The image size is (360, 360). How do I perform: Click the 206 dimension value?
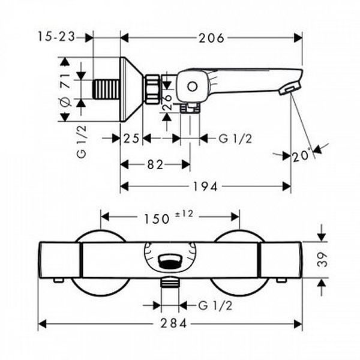tap(211, 38)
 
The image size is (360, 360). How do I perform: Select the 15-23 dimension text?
tap(57, 37)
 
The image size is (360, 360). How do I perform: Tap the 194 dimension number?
tap(205, 187)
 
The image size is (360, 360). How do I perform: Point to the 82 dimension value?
tap(155, 164)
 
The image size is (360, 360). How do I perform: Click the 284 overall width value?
tap(173, 324)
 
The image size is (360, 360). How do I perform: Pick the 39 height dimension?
tap(322, 259)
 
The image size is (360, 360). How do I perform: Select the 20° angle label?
tap(301, 156)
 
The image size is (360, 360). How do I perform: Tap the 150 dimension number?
tap(157, 219)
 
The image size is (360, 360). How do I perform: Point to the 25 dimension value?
tap(131, 139)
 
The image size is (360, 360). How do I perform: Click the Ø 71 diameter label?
tap(65, 90)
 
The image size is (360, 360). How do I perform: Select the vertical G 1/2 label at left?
tap(82, 142)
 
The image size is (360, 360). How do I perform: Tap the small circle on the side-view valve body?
tap(192, 87)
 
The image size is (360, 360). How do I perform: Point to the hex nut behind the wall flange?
tap(152, 89)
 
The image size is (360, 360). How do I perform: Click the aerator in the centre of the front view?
tap(170, 262)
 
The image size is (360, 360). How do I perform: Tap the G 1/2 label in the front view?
tap(215, 305)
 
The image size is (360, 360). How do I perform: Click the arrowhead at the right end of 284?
tap(298, 324)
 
